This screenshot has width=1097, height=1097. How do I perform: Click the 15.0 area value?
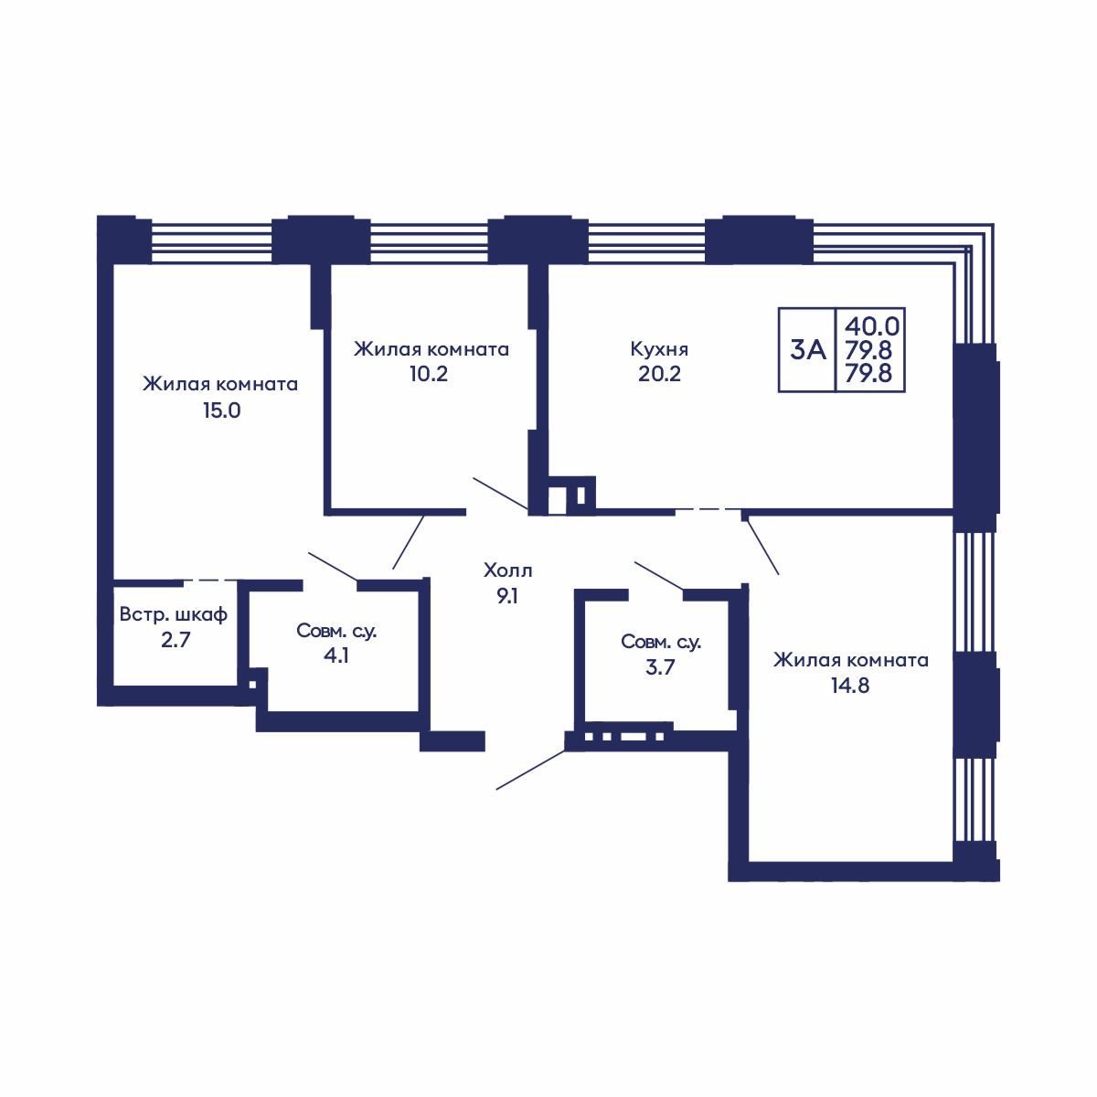tap(222, 410)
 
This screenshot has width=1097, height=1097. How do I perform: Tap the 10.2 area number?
tap(429, 374)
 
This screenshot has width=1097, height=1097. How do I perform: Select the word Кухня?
tap(659, 349)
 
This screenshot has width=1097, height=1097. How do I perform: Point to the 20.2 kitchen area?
tap(659, 374)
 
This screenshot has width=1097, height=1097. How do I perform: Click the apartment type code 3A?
tap(808, 349)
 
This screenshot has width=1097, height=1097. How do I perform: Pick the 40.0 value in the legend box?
tap(871, 326)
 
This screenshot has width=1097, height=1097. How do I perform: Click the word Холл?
tap(507, 570)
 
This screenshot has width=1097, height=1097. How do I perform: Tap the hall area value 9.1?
tap(506, 596)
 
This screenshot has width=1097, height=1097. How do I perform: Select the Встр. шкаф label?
tap(174, 614)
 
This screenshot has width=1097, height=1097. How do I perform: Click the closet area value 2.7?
tap(175, 641)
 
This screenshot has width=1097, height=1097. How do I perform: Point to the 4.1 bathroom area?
tap(335, 655)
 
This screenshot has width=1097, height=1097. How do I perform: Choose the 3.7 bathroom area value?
tap(660, 666)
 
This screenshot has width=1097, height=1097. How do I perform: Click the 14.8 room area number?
tap(850, 686)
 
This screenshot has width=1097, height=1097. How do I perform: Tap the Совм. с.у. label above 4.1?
tap(336, 631)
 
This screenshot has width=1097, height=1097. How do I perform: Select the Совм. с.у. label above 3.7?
tap(661, 642)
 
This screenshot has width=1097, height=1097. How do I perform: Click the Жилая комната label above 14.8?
tap(850, 660)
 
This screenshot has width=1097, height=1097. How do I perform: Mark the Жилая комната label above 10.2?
tap(431, 349)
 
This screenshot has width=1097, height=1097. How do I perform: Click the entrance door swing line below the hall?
tap(531, 770)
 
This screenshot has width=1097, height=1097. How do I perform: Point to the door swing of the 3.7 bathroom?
tap(659, 576)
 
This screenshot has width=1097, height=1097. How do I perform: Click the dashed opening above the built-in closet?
tap(210, 580)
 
